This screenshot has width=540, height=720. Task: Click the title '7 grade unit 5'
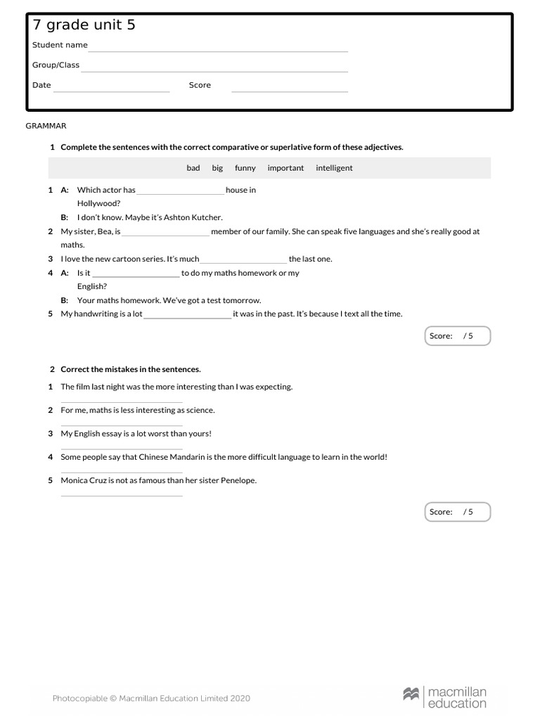pyautogui.click(x=84, y=25)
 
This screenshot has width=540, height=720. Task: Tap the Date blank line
pyautogui.click(x=111, y=91)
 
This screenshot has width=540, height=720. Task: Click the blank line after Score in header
pyautogui.click(x=290, y=91)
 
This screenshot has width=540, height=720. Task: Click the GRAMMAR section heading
pyautogui.click(x=46, y=126)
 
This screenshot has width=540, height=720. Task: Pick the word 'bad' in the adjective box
pyautogui.click(x=193, y=168)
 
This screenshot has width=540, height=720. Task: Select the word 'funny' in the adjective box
pyautogui.click(x=245, y=168)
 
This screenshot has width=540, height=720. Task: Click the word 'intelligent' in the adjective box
pyautogui.click(x=334, y=168)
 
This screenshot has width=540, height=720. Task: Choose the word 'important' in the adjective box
pyautogui.click(x=285, y=168)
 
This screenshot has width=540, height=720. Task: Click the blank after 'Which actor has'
pyautogui.click(x=181, y=193)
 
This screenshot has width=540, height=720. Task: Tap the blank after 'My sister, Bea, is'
pyautogui.click(x=166, y=234)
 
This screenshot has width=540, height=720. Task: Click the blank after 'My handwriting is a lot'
pyautogui.click(x=187, y=317)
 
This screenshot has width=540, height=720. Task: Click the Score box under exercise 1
pyautogui.click(x=458, y=336)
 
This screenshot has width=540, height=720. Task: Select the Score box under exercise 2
pyautogui.click(x=458, y=512)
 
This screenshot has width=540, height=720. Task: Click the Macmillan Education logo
pyautogui.click(x=444, y=697)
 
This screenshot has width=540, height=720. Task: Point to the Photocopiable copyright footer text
pyautogui.click(x=151, y=698)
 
